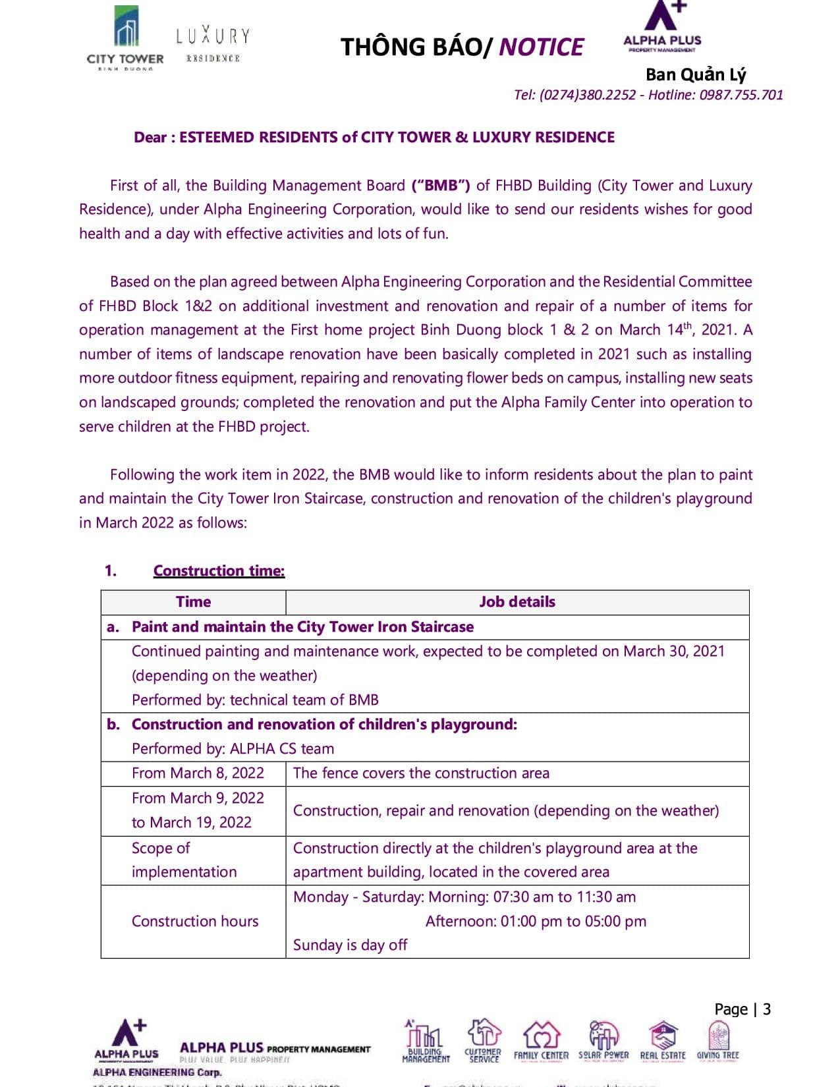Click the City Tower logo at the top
click(125, 38)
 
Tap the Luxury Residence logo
click(212, 43)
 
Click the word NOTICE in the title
click(541, 47)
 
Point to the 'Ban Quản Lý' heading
click(696, 74)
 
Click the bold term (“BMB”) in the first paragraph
click(441, 185)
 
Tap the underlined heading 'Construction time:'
click(219, 571)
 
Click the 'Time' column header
click(193, 601)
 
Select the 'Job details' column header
click(517, 601)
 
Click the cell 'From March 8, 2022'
click(198, 773)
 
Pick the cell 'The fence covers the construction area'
click(421, 773)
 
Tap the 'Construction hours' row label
click(195, 921)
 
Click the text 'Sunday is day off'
click(350, 945)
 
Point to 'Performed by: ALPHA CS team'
click(233, 748)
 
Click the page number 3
click(766, 1009)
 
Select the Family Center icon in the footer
click(541, 1041)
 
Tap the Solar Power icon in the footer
click(603, 1041)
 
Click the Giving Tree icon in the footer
click(717, 1041)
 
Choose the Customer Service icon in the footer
click(484, 1041)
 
